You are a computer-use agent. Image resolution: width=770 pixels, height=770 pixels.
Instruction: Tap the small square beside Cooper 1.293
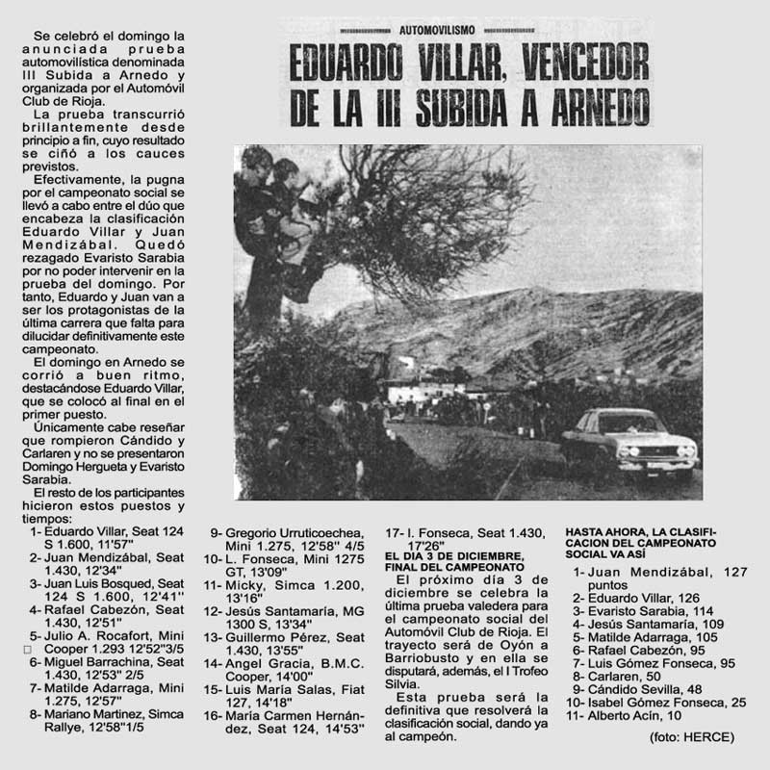pyautogui.click(x=27, y=650)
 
